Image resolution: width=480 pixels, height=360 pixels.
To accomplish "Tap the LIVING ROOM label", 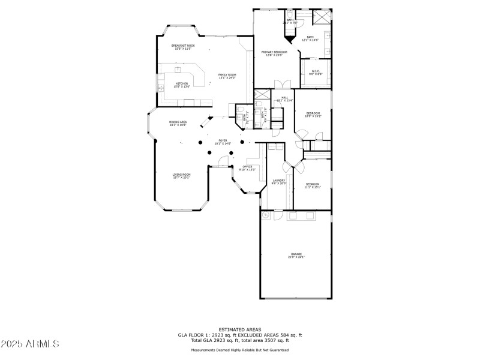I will (181, 175).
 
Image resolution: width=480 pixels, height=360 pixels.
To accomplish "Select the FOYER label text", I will (223, 140).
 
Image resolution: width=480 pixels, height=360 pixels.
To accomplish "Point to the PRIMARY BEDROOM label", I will (274, 53).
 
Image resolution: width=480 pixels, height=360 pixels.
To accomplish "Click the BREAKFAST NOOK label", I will (183, 46).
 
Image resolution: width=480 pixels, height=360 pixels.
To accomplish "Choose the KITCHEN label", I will (182, 84).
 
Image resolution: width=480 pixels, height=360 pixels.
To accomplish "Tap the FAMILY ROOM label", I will (227, 75).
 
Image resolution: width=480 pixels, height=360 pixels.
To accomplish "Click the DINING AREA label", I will (178, 122).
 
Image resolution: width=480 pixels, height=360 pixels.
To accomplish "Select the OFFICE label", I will (247, 167).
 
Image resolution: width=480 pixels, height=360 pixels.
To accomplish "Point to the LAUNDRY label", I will (278, 181).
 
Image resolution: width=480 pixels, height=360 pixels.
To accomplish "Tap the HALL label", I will (284, 97).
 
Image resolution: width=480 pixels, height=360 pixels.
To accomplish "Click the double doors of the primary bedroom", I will (278, 85).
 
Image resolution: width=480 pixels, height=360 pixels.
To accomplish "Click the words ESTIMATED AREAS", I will (239, 329).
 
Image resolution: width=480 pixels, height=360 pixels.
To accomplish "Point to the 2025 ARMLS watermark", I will (30, 344).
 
